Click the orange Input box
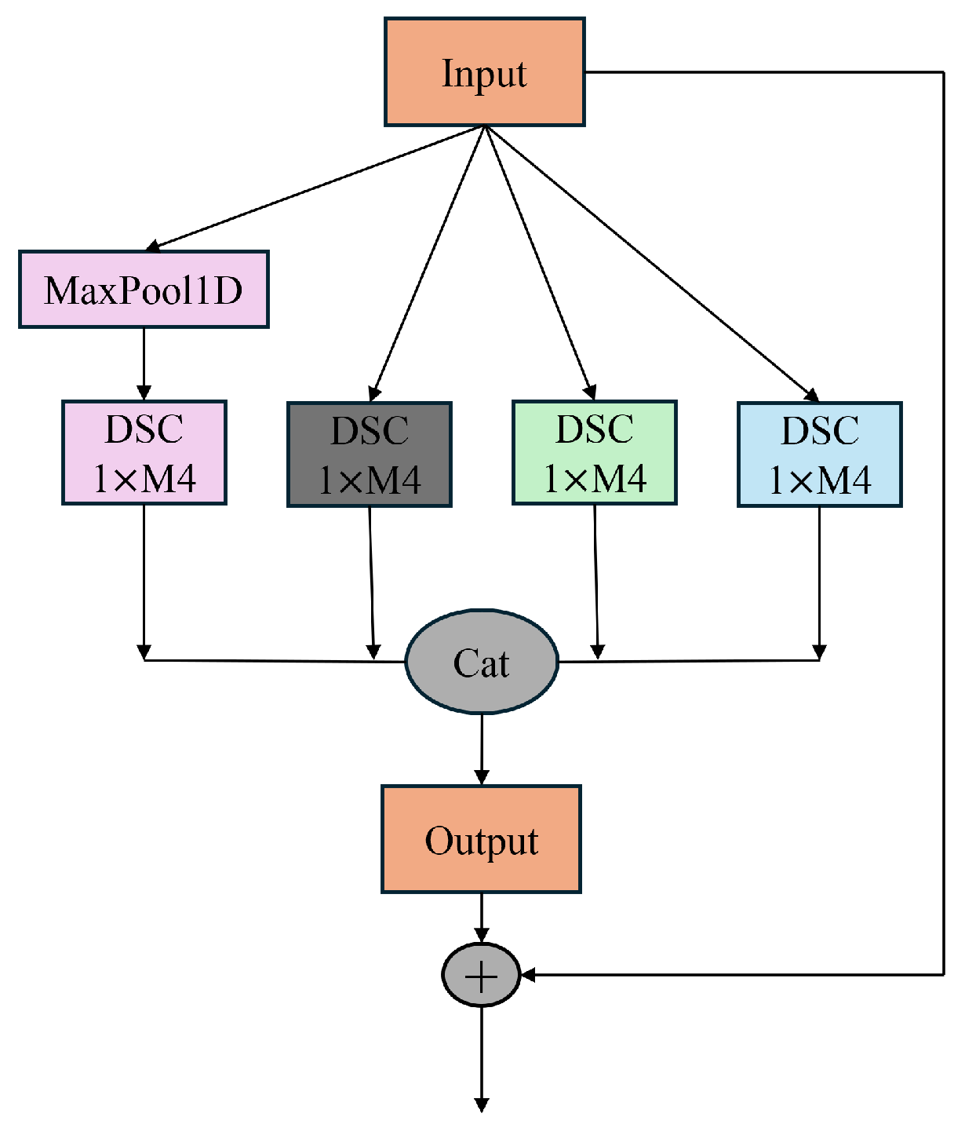(x=484, y=72)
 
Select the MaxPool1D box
(x=144, y=290)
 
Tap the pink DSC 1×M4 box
(x=144, y=453)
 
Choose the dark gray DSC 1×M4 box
(x=369, y=454)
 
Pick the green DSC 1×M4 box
(x=594, y=453)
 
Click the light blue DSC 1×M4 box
(x=819, y=454)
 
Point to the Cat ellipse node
(x=481, y=662)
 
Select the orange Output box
(x=481, y=839)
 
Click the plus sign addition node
(x=481, y=975)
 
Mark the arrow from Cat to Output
(x=481, y=750)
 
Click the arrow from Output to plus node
(x=481, y=918)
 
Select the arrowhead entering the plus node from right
(x=528, y=975)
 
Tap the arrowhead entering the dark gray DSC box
(x=375, y=394)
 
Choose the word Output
(x=481, y=841)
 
